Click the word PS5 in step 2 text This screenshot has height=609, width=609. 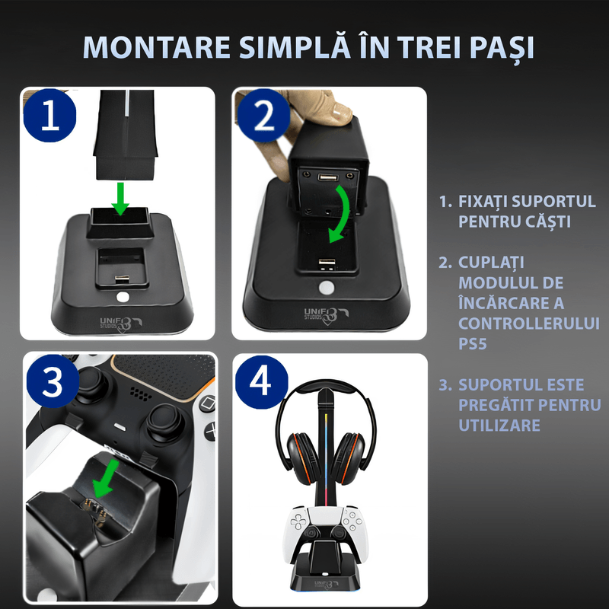(x=474, y=344)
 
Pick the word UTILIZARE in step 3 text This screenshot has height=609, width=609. (x=499, y=424)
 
